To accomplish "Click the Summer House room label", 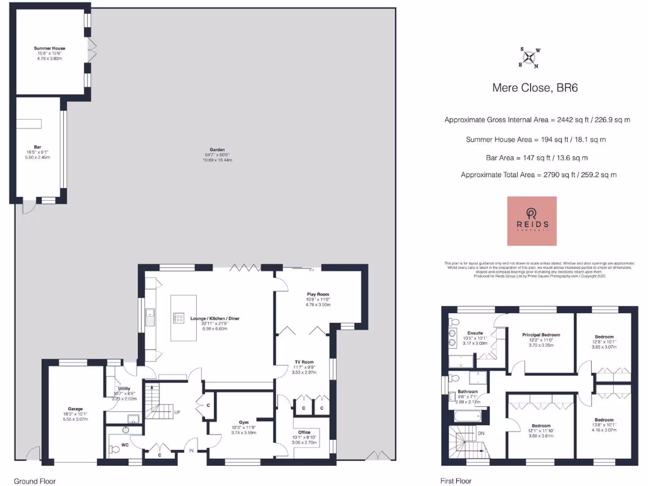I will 49,48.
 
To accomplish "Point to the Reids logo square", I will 532,221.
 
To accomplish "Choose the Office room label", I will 304,432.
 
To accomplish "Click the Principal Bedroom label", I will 540,335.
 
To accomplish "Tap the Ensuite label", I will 475,333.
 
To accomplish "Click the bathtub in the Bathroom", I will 468,417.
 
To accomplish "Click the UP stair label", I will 178,412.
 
